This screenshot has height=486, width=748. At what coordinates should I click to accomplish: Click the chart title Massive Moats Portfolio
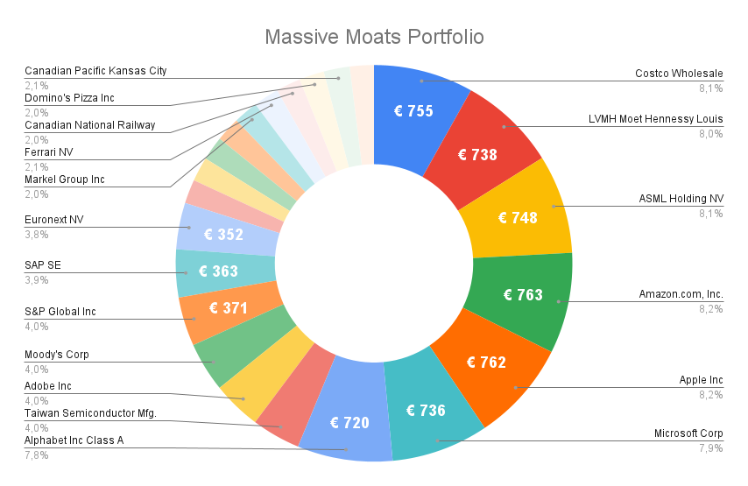pyautogui.click(x=374, y=38)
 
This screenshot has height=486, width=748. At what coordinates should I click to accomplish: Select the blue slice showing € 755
pyautogui.click(x=413, y=111)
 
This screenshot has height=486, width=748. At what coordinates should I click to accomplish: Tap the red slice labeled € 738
pyautogui.click(x=478, y=155)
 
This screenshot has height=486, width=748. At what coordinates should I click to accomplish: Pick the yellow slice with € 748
pyautogui.click(x=518, y=217)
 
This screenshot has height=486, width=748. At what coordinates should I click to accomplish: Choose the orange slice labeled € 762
pyautogui.click(x=486, y=362)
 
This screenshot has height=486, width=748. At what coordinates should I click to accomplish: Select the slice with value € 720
pyautogui.click(x=349, y=422)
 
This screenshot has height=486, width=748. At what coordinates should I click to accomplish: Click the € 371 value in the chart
pyautogui.click(x=229, y=307)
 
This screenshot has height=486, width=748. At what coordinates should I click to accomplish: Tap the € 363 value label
pyautogui.click(x=218, y=271)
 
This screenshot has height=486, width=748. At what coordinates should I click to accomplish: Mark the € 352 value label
pyautogui.click(x=223, y=234)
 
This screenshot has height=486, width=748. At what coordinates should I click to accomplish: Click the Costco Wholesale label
pyautogui.click(x=679, y=74)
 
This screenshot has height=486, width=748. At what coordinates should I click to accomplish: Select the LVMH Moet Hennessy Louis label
pyautogui.click(x=656, y=119)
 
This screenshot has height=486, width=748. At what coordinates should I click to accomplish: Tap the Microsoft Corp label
pyautogui.click(x=688, y=433)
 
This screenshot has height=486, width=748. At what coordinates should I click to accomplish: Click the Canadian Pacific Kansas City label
pyautogui.click(x=95, y=71)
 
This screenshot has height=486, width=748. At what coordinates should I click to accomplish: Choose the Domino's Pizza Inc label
pyautogui.click(x=69, y=98)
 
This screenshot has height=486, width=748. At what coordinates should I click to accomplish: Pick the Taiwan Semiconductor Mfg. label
pyautogui.click(x=90, y=413)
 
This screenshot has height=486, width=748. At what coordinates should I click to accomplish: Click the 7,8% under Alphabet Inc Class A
pyautogui.click(x=36, y=454)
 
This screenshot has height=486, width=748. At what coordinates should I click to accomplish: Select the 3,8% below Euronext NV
pyautogui.click(x=36, y=234)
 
